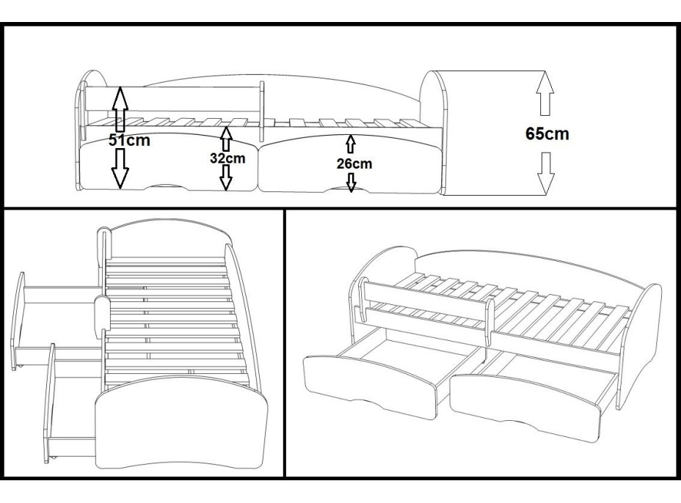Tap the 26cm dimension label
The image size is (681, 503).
[x=353, y=164]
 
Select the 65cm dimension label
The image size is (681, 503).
[x=547, y=134]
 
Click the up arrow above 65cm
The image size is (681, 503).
[x=544, y=93]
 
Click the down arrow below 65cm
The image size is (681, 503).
[x=545, y=173]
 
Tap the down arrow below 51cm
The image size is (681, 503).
[x=120, y=168]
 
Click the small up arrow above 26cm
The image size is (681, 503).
[x=351, y=144]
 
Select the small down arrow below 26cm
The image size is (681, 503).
[x=352, y=182]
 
